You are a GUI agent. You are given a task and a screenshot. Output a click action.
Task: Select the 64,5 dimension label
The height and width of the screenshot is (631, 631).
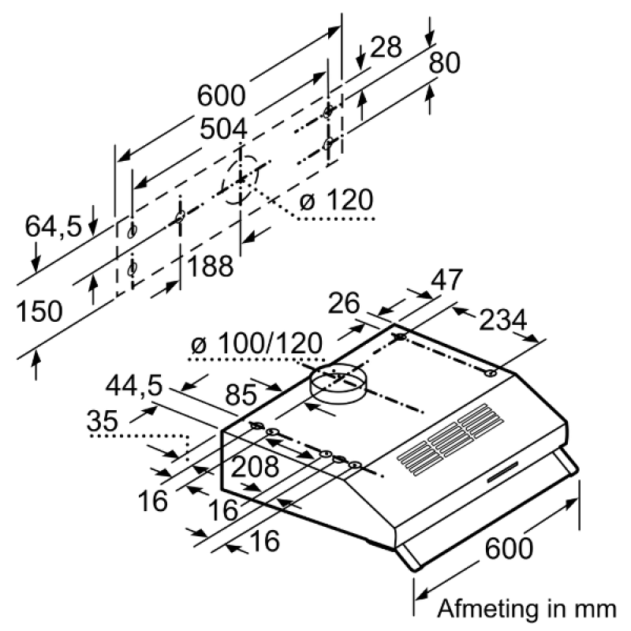point(54,226)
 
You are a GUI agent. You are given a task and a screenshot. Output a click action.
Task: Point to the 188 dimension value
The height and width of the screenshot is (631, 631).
point(210,267)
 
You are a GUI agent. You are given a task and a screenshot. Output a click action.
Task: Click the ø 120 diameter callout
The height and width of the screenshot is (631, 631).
point(336,201)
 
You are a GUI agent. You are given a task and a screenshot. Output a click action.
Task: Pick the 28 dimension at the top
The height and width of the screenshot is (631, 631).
point(386,48)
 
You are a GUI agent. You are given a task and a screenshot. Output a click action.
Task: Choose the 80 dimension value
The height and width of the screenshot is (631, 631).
point(444,63)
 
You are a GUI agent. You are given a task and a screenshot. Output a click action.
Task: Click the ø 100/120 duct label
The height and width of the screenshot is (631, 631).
point(257,345)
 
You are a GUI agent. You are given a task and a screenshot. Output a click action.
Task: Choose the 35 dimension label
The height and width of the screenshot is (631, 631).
point(107,421)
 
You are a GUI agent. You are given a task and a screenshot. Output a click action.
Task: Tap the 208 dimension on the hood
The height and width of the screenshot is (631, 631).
point(255,467)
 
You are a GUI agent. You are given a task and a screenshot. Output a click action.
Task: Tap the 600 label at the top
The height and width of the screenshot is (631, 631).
point(222,96)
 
